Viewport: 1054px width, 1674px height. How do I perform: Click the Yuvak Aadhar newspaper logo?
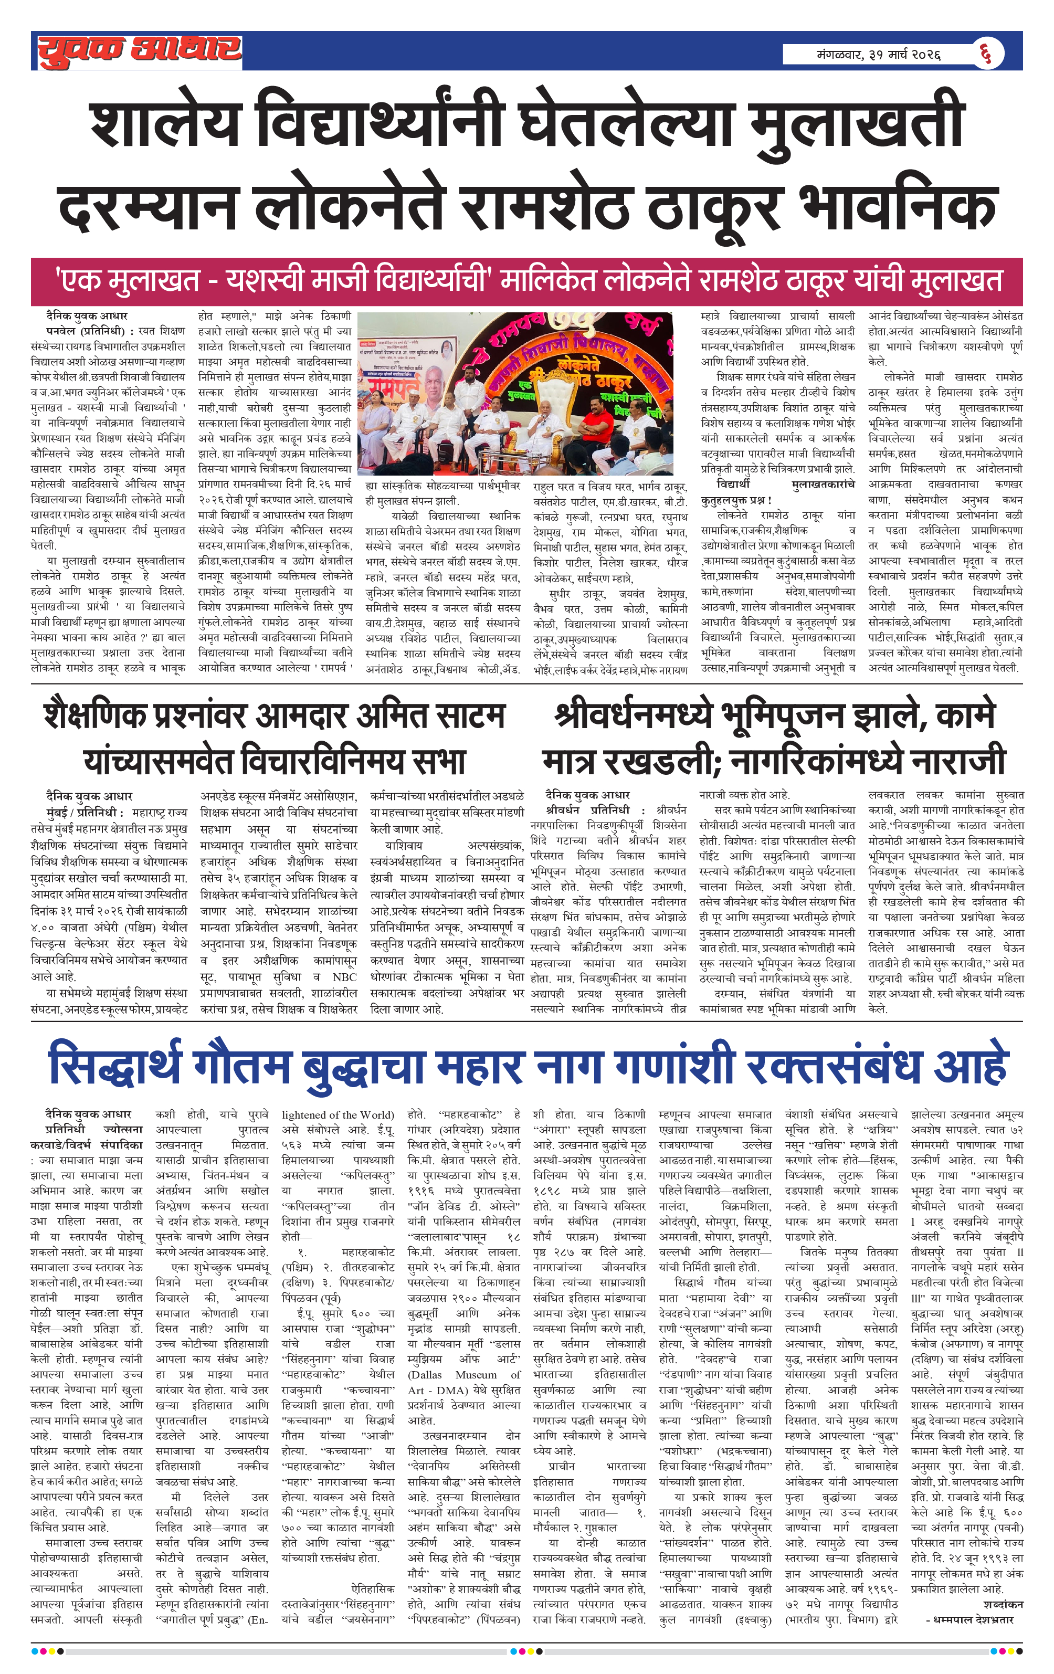[139, 51]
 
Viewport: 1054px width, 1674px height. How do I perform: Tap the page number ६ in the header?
[985, 54]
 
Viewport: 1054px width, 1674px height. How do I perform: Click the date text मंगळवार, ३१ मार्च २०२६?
[878, 54]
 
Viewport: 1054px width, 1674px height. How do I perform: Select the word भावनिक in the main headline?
[898, 206]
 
